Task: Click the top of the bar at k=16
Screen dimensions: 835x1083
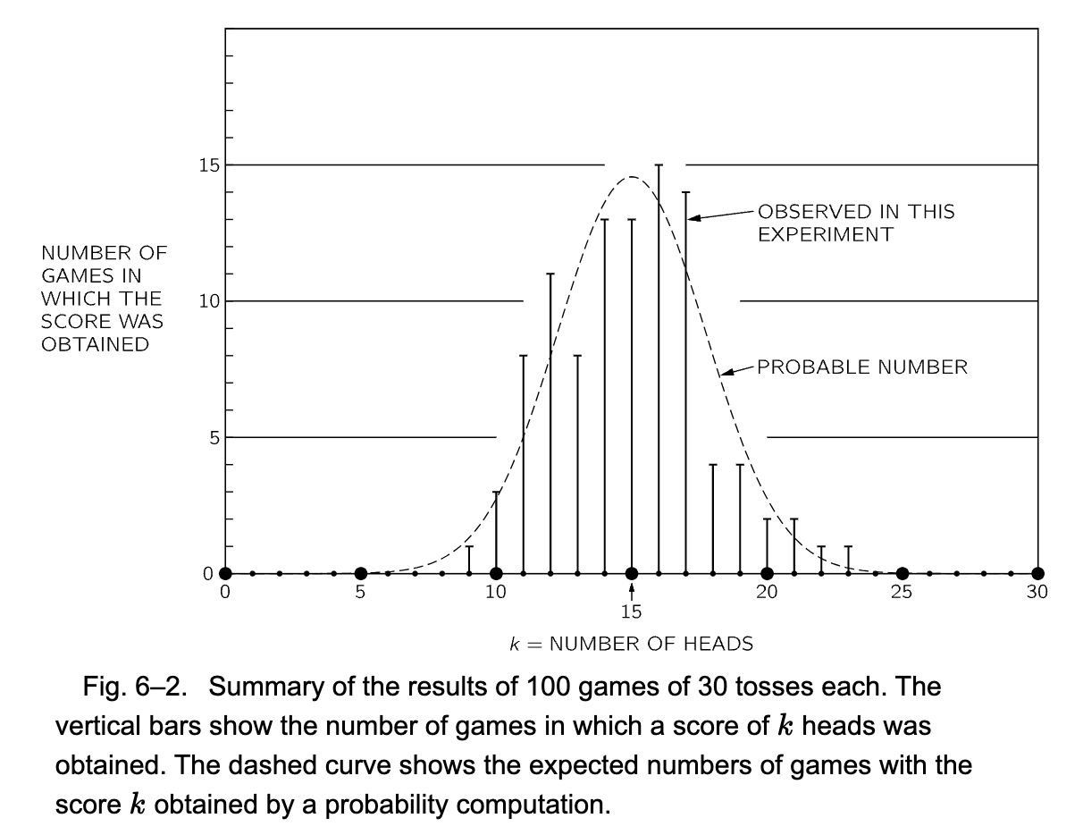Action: [659, 165]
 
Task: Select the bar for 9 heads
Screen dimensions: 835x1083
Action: [469, 560]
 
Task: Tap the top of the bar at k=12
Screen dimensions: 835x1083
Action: [550, 274]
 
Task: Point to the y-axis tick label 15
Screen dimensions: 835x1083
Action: [209, 165]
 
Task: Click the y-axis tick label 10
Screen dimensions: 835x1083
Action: [209, 301]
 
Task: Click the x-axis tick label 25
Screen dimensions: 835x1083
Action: [902, 592]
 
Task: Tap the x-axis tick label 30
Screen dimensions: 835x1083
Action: [1037, 592]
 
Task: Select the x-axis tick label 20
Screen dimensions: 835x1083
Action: [767, 592]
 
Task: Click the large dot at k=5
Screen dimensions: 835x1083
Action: [360, 574]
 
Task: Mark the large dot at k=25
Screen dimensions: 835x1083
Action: [902, 574]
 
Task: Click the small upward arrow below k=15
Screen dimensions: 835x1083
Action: [632, 590]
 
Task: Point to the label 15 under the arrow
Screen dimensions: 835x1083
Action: [632, 612]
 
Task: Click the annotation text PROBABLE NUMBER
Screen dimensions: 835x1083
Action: [862, 367]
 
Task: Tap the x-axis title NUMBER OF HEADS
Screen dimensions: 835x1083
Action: [651, 644]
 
